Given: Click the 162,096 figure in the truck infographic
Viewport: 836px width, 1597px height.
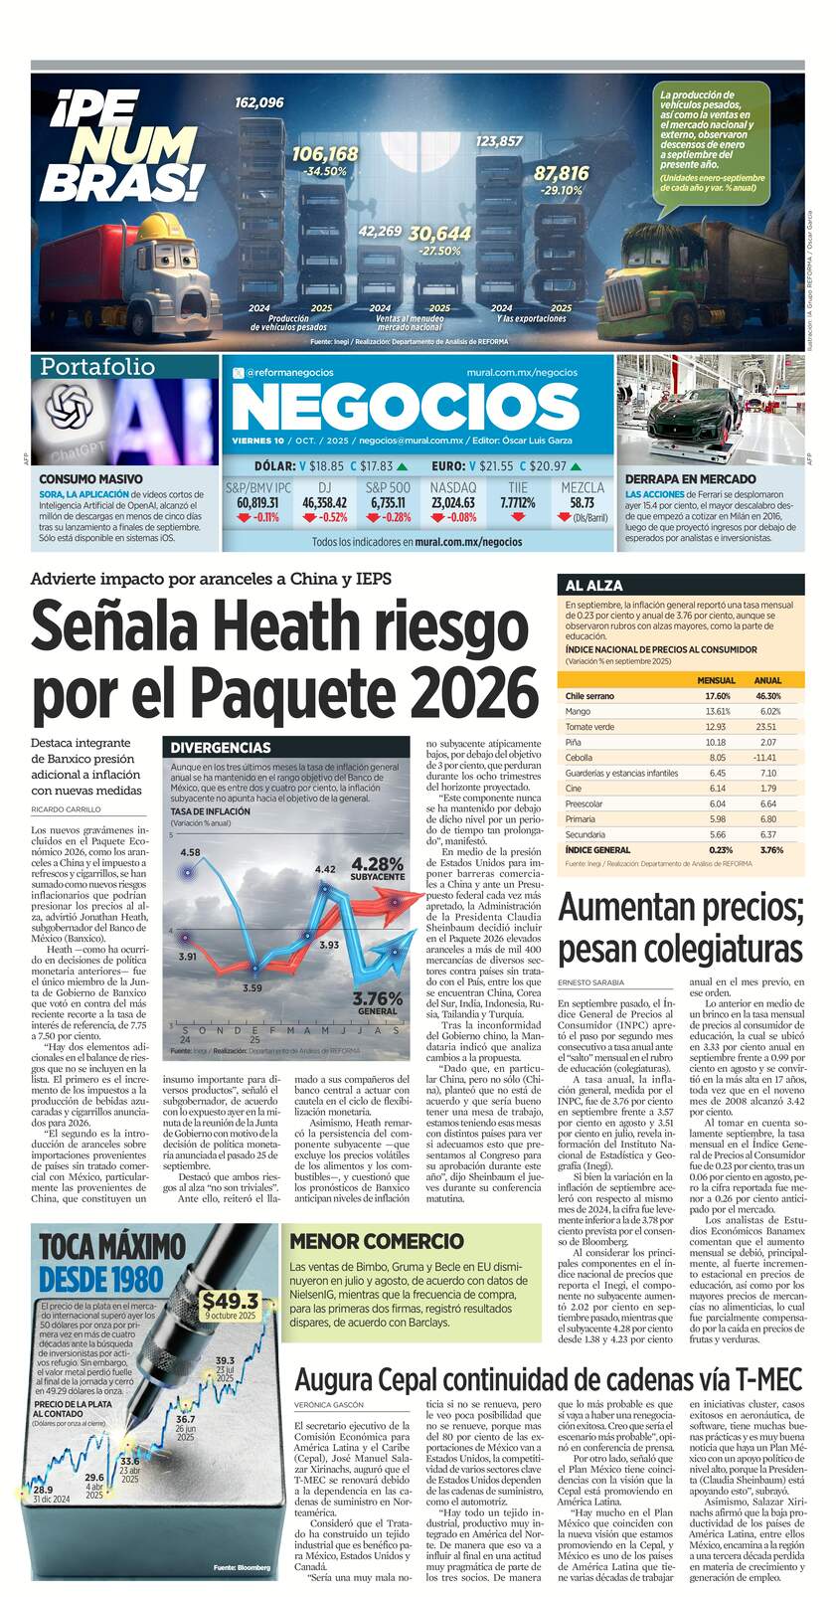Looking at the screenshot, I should [259, 102].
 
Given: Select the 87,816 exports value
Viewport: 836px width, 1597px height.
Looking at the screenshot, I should [561, 173].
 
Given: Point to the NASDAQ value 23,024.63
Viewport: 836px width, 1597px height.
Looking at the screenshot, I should [453, 503].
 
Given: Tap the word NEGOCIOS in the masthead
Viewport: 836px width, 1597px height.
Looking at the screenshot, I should [405, 407].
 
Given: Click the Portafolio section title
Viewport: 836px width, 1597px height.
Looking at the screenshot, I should [96, 367].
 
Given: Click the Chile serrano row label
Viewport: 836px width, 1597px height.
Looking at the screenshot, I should [589, 696].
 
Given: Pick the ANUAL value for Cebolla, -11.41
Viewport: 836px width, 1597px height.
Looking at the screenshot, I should [766, 758].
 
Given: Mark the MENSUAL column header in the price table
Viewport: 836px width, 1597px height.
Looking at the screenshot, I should [716, 680].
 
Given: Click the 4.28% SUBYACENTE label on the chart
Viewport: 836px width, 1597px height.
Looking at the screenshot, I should [378, 868].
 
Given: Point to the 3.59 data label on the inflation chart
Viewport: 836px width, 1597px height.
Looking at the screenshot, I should [252, 987].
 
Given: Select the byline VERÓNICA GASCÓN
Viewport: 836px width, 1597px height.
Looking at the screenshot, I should [328, 1405].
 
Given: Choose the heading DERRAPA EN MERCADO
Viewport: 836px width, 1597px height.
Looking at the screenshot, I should [690, 478].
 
